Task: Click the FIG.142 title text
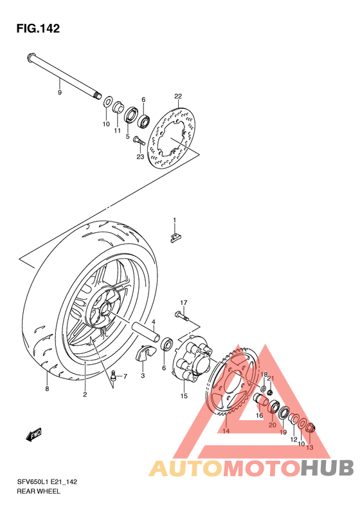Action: pyautogui.click(x=38, y=28)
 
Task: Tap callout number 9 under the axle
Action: pyautogui.click(x=59, y=92)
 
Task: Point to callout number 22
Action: pyautogui.click(x=178, y=96)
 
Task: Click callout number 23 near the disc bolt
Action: pyautogui.click(x=139, y=156)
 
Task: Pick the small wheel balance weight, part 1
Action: pyautogui.click(x=174, y=239)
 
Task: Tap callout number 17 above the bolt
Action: pyautogui.click(x=183, y=302)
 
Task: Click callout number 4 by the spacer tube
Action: pyautogui.click(x=154, y=322)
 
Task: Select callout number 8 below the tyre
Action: pyautogui.click(x=47, y=389)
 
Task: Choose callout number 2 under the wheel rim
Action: pyautogui.click(x=84, y=394)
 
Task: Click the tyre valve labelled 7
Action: pyautogui.click(x=114, y=376)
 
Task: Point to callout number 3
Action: pyautogui.click(x=143, y=375)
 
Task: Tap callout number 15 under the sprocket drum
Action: pyautogui.click(x=184, y=396)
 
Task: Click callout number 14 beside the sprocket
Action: pyautogui.click(x=226, y=431)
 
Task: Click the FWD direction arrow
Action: pyautogui.click(x=33, y=436)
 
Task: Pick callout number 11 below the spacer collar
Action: pyautogui.click(x=118, y=131)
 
